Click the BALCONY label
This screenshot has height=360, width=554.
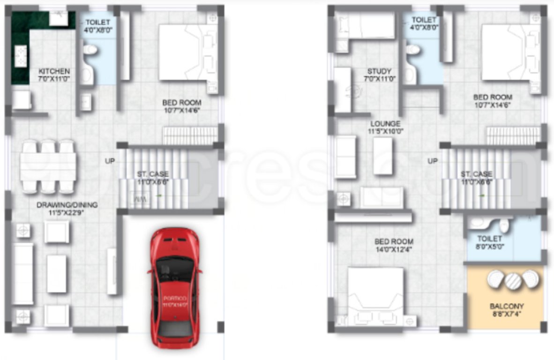tap(507, 310)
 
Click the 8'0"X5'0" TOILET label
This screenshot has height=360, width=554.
tap(490, 242)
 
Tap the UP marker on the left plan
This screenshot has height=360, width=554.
tap(110, 161)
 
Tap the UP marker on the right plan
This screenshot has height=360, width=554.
tap(433, 161)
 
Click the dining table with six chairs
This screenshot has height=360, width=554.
tap(48, 166)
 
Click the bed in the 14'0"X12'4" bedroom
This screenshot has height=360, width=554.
tap(375, 295)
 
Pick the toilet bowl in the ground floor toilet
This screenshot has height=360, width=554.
tap(89, 50)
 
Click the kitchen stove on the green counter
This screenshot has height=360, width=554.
tap(21, 56)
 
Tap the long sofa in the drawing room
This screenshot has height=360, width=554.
tap(22, 274)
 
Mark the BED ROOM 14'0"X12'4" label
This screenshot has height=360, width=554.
tap(394, 246)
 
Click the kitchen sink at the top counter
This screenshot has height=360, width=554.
tap(59, 18)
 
